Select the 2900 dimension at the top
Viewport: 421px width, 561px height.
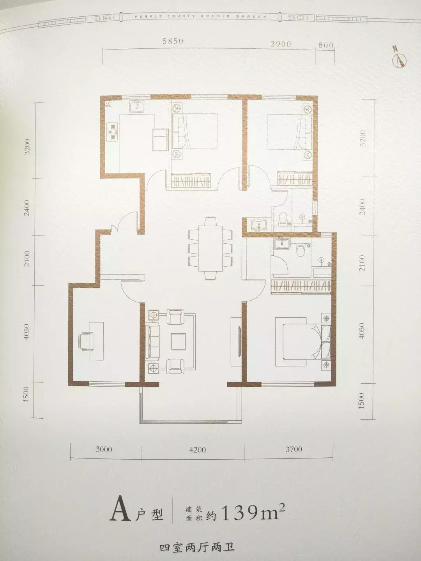coord(280,44)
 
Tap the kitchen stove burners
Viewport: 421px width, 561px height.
coord(112,132)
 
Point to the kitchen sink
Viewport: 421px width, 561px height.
coord(137,106)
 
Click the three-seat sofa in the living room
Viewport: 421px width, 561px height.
coord(152,341)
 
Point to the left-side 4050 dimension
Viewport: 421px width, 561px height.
coord(27,334)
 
